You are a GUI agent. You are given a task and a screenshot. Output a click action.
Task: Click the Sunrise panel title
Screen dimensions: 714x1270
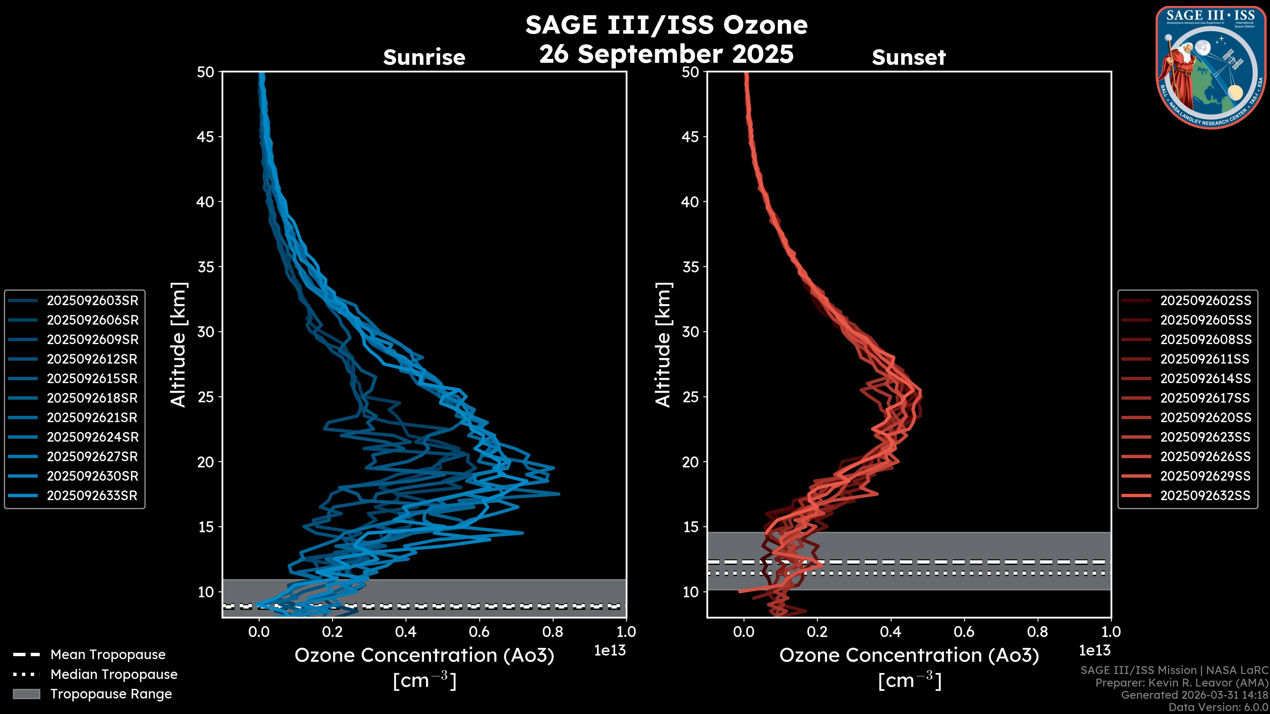[424, 58]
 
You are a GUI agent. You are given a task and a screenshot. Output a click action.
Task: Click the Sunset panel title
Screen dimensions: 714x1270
[908, 58]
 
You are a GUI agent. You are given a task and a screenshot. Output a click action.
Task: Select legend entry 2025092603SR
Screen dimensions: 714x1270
[92, 300]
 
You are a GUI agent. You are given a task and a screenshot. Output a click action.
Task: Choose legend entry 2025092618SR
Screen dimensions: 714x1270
[92, 398]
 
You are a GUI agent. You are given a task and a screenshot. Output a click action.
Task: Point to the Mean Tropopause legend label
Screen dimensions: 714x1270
[107, 655]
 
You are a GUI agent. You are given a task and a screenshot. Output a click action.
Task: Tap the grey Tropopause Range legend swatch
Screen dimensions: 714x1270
[26, 694]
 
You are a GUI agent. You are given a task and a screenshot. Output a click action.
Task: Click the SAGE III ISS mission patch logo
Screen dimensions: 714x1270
[1211, 67]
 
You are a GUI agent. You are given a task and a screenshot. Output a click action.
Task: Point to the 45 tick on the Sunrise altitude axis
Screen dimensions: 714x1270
[206, 137]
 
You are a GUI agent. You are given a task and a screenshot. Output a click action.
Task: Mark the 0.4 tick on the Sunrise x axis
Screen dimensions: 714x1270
[406, 632]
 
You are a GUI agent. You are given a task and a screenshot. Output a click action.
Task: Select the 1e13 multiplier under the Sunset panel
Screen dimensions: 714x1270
[1094, 651]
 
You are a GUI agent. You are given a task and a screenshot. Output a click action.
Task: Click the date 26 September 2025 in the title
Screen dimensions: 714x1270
[666, 54]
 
